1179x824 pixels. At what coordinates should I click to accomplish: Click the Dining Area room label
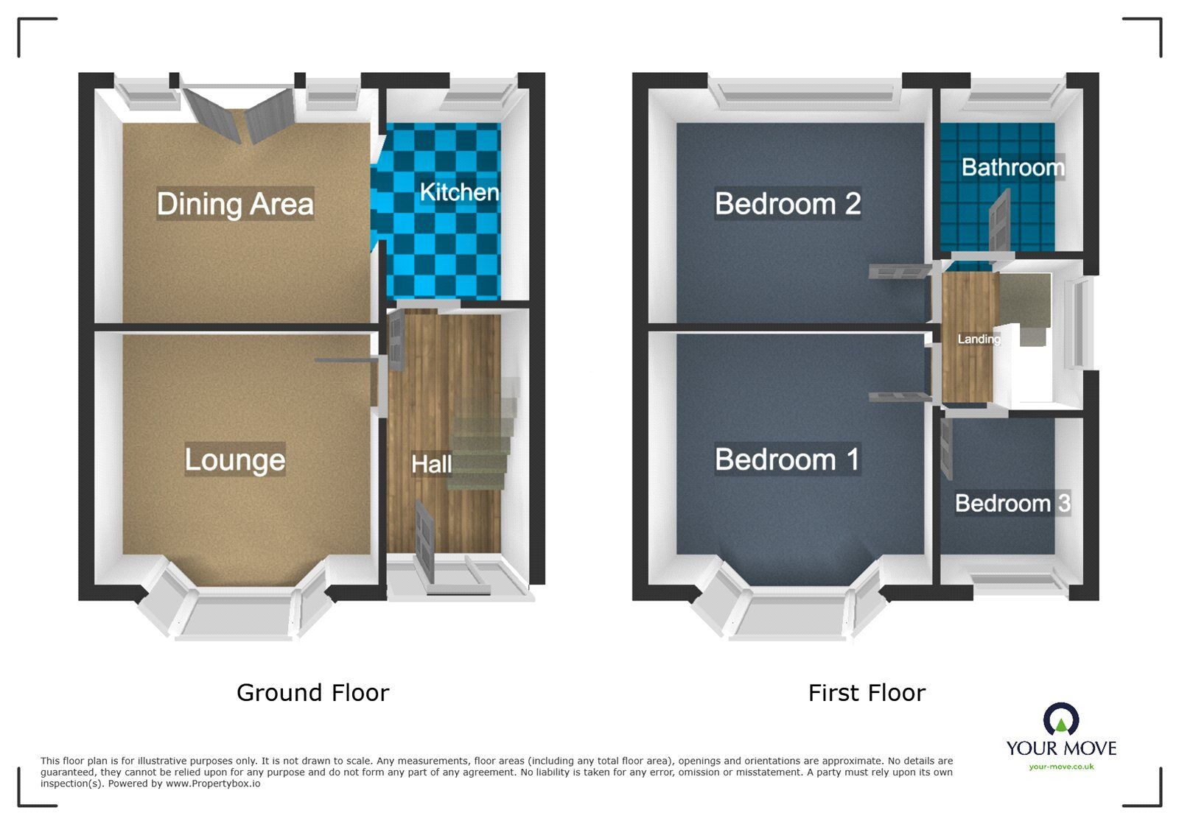235,204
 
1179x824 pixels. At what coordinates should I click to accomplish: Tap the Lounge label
234,459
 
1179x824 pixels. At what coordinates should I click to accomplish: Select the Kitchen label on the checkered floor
459,192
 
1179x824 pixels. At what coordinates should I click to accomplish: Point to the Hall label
431,464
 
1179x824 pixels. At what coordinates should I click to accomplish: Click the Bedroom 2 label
788,204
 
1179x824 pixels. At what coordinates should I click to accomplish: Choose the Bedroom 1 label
787,459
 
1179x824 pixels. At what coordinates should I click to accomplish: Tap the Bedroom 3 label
1012,503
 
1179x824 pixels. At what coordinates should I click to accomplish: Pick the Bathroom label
1012,167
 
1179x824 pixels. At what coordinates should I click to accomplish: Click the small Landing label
979,339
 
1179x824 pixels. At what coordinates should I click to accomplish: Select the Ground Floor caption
312,692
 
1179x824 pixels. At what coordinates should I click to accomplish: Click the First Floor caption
867,692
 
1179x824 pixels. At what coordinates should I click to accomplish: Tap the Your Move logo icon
1061,719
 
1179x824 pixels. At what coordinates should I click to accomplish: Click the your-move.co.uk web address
1061,767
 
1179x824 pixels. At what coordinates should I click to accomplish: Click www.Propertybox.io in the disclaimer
212,783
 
